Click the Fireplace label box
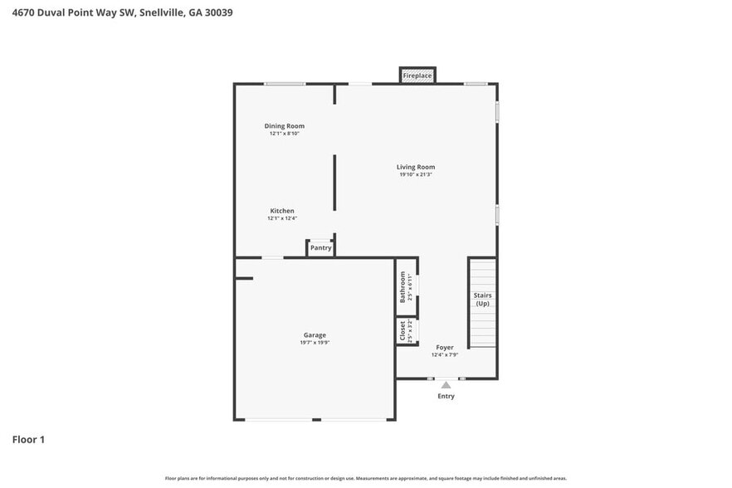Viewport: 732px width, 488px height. pos(417,76)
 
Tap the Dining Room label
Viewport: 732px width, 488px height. pos(284,126)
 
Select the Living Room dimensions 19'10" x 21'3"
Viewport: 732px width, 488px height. pos(416,175)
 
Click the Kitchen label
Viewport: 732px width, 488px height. pos(282,211)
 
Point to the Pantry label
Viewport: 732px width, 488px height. pos(320,248)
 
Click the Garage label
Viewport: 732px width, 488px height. pos(315,335)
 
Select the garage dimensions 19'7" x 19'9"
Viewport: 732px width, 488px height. pos(315,343)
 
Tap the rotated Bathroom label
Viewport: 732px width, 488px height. pos(403,286)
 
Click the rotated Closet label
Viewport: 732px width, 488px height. pos(403,331)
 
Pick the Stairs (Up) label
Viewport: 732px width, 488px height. pos(482,300)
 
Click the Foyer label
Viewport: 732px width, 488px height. pos(445,347)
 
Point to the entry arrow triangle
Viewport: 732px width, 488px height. pos(446,385)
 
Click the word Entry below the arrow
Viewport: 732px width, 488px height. pos(446,397)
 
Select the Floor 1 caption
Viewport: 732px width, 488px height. pos(28,439)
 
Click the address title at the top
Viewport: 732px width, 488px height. pos(122,12)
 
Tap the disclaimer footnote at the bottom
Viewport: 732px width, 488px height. pos(366,478)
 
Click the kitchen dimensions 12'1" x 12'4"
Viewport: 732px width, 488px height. pos(282,219)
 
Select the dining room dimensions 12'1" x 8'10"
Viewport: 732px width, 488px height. pos(284,134)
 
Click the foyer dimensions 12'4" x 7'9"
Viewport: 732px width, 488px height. pos(445,355)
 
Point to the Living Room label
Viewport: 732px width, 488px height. pos(416,167)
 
